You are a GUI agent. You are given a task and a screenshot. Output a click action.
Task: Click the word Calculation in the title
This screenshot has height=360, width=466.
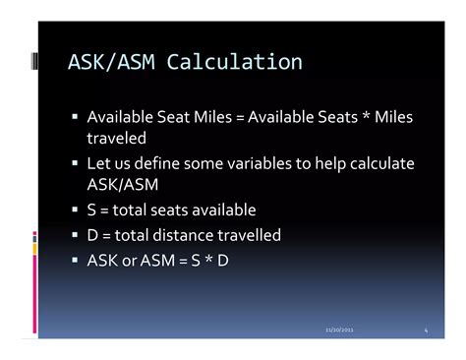(235, 63)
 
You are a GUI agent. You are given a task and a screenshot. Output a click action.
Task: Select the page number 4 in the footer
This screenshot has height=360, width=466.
(426, 330)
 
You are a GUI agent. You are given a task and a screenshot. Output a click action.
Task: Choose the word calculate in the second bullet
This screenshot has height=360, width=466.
(379, 163)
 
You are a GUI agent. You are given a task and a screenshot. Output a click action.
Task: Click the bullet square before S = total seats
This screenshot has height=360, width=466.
(76, 210)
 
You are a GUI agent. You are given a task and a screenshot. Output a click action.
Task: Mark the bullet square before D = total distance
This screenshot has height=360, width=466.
(76, 235)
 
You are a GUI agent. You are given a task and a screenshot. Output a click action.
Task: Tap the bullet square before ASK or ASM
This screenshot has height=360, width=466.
(76, 261)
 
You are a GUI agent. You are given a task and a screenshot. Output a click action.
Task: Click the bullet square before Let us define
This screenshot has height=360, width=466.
(76, 163)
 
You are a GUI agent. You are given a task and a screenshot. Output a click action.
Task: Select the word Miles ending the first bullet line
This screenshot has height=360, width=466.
(392, 118)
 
